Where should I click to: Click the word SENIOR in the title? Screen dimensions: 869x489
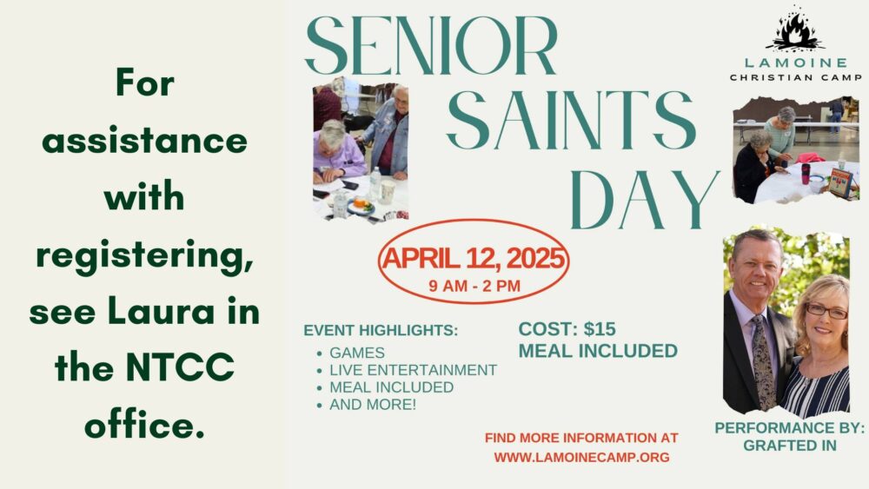click(x=431, y=45)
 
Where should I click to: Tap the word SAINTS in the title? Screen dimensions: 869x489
click(x=571, y=120)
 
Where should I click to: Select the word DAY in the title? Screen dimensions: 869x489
click(x=645, y=200)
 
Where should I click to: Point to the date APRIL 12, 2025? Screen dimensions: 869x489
click(x=474, y=258)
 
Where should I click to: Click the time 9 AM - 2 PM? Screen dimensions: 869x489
click(x=474, y=286)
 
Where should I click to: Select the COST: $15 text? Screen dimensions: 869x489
click(x=567, y=329)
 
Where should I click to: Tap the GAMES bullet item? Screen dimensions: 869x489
click(x=357, y=353)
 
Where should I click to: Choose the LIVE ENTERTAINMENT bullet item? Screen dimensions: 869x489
click(x=413, y=370)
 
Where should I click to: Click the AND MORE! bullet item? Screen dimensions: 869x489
click(x=373, y=404)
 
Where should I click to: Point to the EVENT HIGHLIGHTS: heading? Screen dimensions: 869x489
click(x=381, y=330)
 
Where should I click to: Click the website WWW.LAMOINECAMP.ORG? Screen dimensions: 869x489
click(x=582, y=458)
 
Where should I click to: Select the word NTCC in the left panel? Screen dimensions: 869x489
click(x=180, y=367)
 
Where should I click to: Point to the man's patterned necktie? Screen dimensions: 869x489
click(x=763, y=360)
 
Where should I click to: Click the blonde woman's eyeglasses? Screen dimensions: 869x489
click(x=826, y=311)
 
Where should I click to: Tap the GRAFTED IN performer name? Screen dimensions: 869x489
click(x=790, y=446)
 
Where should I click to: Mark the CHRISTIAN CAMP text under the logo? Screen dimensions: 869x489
click(x=795, y=77)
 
